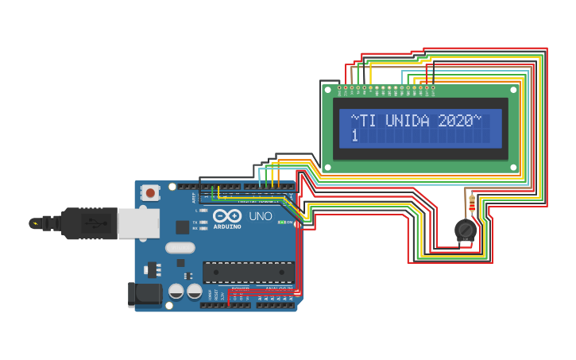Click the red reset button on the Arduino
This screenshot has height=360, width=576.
point(150,192)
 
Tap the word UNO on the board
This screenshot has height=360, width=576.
point(261,216)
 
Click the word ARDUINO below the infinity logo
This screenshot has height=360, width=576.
point(227,226)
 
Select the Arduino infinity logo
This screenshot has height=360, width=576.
point(227,215)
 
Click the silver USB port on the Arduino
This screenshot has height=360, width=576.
point(138,223)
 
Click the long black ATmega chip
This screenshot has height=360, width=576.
point(248,273)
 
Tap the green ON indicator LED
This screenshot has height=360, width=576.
point(280,222)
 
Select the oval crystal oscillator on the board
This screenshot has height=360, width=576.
point(180,247)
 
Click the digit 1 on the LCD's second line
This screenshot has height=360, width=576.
point(354,137)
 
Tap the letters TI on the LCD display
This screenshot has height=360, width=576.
point(367,121)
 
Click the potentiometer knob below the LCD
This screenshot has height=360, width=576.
point(466,230)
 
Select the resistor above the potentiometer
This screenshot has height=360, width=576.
point(472,204)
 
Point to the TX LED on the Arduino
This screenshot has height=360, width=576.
point(203,221)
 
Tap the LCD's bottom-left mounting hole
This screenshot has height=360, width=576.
point(327,168)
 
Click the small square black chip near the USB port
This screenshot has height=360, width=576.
point(182,227)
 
